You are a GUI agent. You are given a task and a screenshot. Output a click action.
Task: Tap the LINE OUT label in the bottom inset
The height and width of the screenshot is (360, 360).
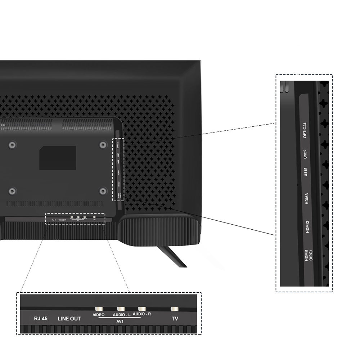69,319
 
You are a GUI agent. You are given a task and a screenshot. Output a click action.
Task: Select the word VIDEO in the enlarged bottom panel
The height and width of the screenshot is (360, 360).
98,315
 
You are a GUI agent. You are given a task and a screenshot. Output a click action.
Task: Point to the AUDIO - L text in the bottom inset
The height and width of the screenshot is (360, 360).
121,315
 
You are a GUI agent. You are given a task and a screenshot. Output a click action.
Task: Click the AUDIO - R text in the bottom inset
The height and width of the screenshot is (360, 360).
141,314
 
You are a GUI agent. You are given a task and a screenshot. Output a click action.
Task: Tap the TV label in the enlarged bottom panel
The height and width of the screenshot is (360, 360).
175,319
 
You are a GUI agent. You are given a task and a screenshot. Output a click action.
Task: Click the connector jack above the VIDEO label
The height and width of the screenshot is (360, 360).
98,309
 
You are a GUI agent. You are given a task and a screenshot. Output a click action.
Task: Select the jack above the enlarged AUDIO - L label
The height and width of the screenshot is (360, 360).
121,309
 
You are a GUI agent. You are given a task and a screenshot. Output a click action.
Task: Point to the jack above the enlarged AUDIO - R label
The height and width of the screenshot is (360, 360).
142,309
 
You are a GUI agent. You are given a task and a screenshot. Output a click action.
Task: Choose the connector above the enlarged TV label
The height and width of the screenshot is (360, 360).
175,309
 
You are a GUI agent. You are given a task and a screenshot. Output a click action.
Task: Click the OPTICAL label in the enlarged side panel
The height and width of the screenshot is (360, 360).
305,130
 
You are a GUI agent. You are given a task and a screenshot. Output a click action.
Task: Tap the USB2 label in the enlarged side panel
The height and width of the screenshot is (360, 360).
305,154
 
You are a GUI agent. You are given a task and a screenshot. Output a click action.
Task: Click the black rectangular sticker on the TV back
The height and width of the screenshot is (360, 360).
58,158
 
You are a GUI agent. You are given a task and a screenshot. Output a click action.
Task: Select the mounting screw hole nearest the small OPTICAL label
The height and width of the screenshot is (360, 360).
103,145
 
